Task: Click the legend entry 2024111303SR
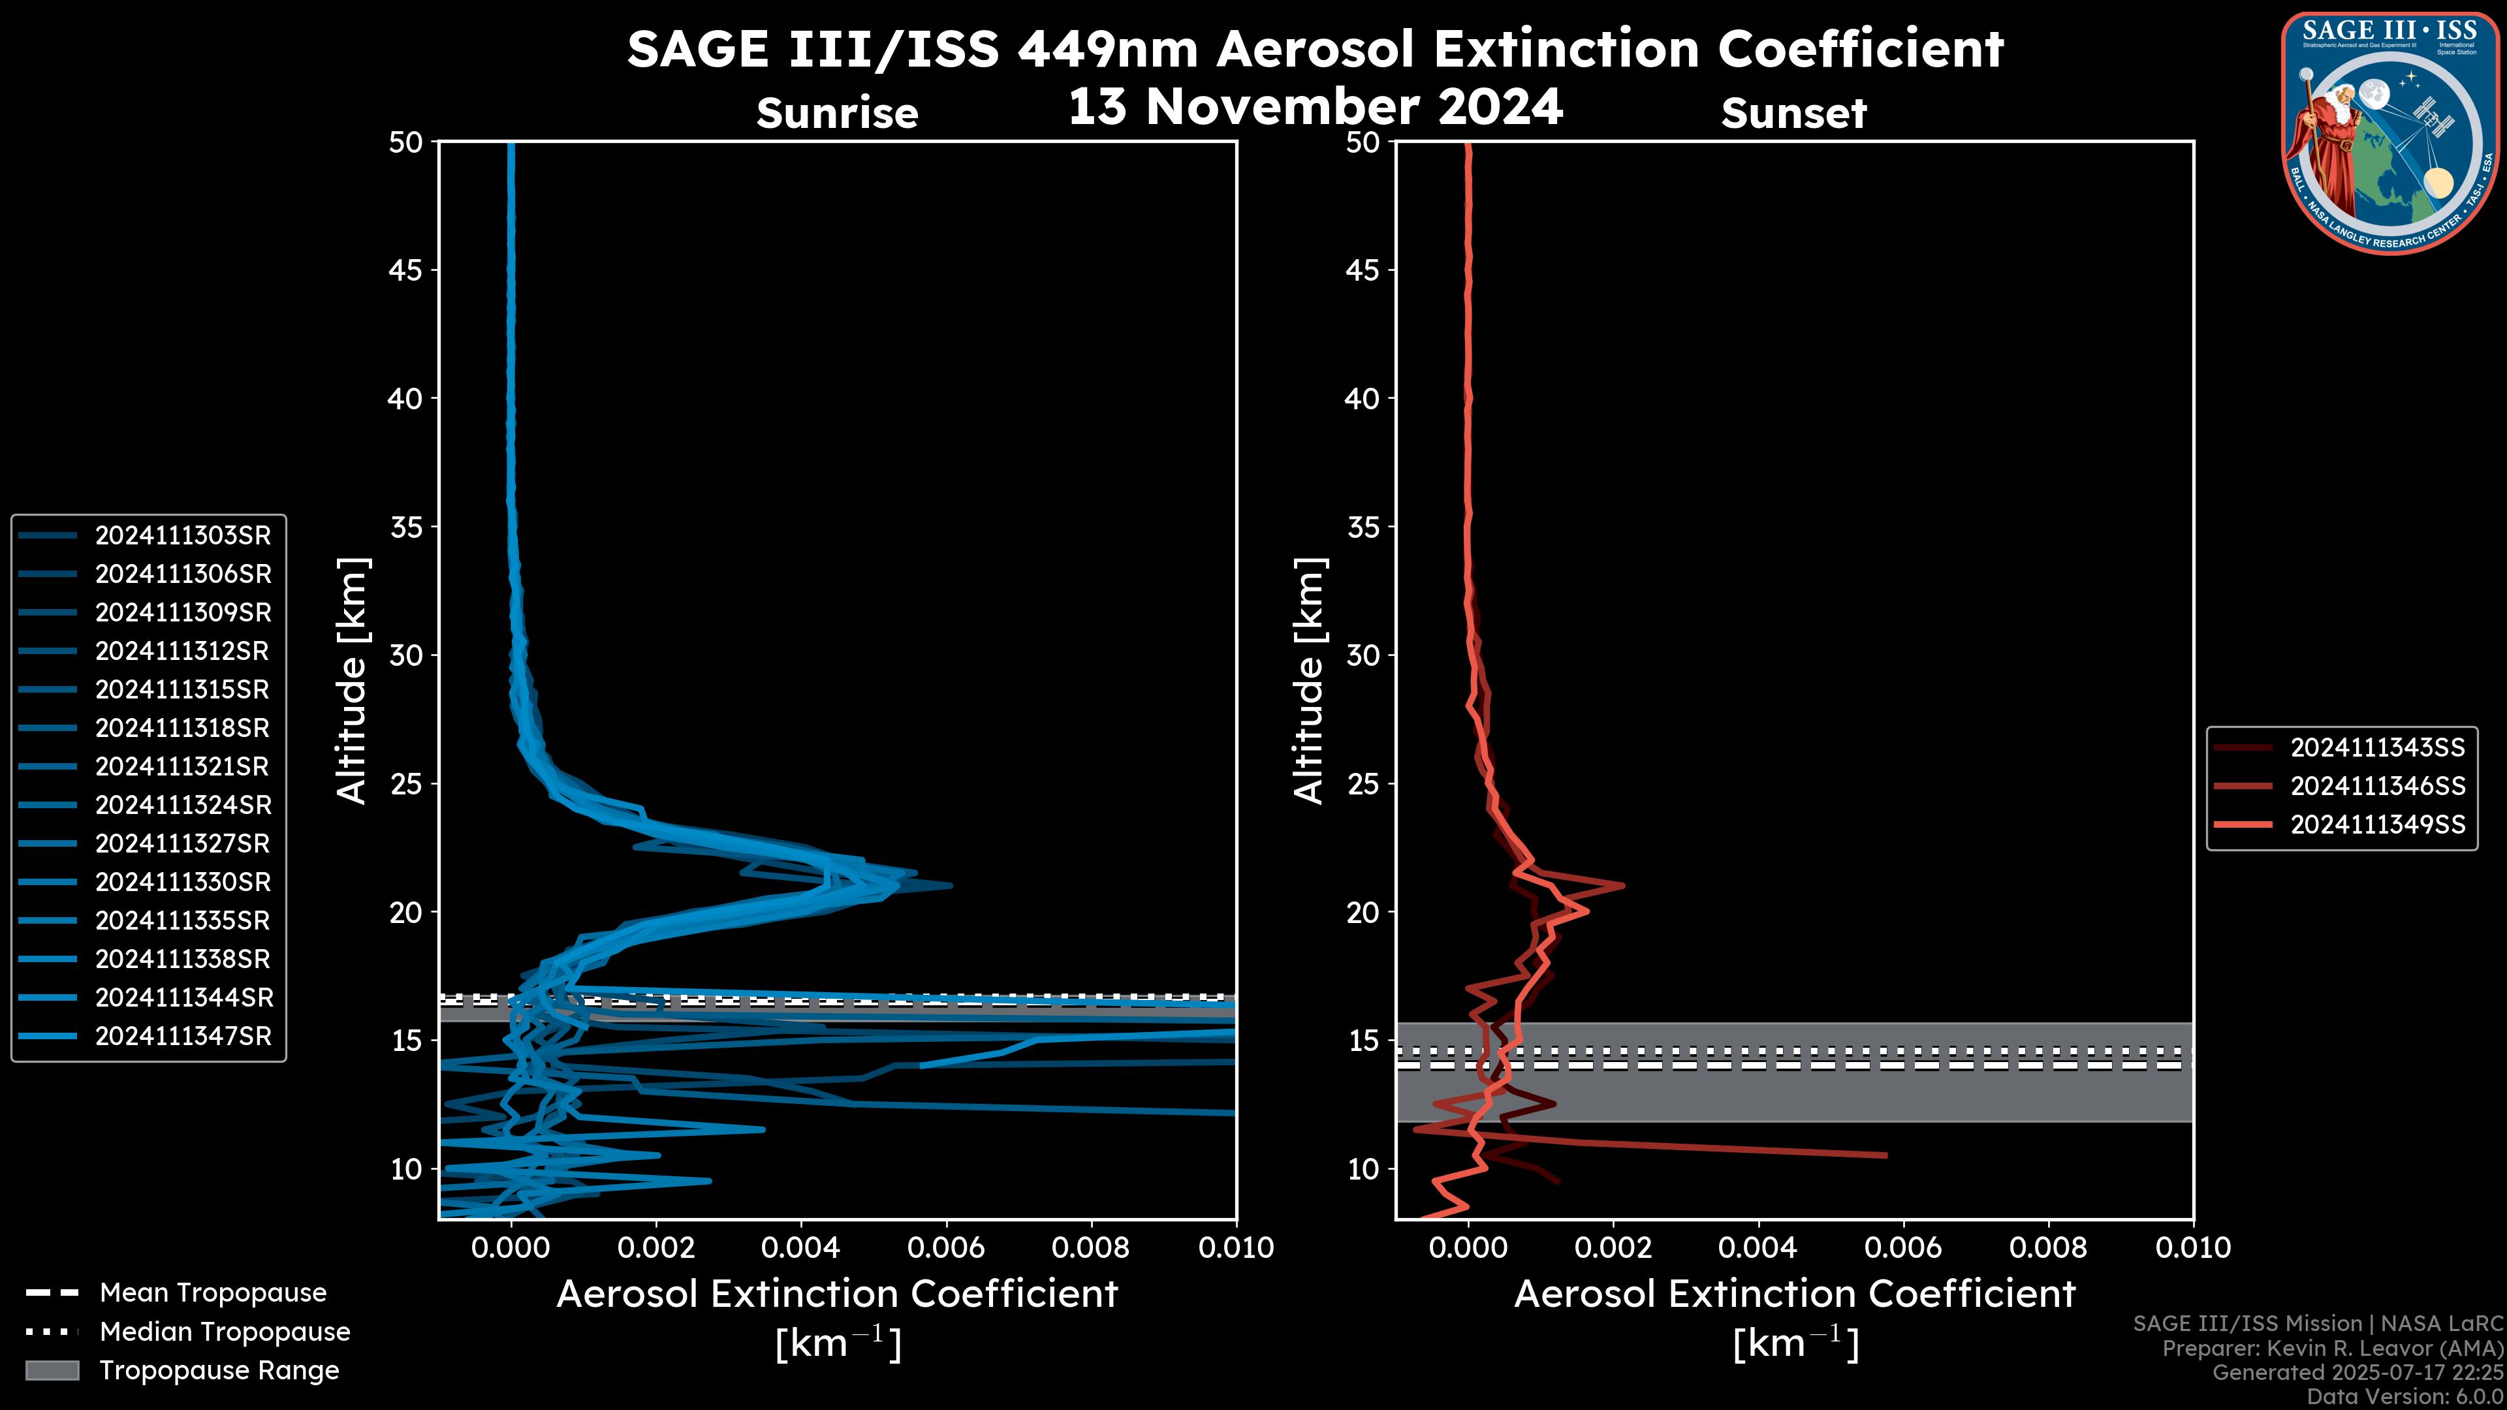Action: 183,535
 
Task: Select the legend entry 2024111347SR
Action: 183,1037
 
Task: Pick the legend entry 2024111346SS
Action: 2376,786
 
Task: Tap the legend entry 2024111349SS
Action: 2376,825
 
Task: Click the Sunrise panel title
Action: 837,114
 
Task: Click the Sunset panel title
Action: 1793,114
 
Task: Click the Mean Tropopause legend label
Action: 213,1293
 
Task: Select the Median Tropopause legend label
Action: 225,1332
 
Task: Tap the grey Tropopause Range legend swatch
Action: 52,1371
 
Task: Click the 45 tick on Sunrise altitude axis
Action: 406,270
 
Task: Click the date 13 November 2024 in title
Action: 1315,107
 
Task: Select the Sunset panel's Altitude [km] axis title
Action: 1309,681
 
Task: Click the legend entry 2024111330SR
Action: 183,883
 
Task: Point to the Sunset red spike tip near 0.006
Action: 1885,1155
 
